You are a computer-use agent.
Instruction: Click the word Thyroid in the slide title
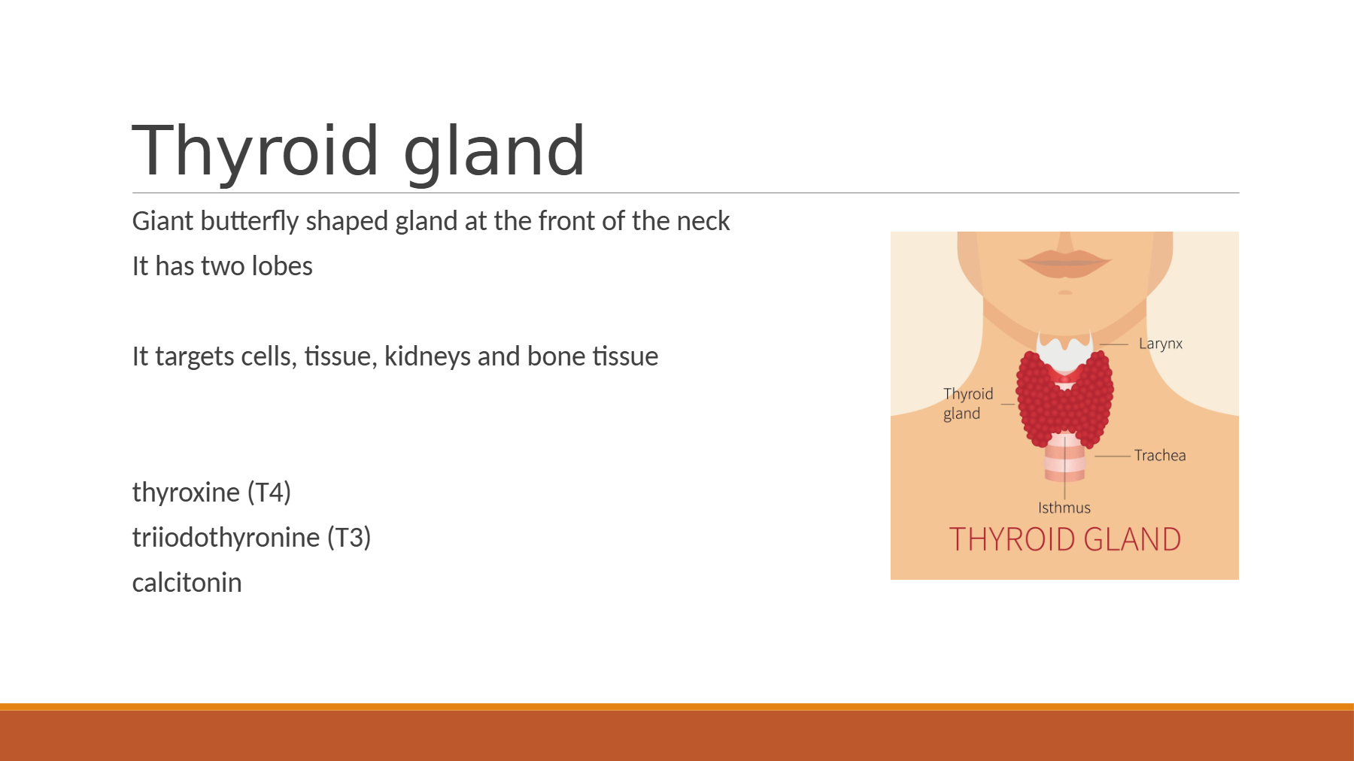(256, 152)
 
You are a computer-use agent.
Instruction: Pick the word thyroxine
(186, 493)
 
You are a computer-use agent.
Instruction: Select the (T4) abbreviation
(269, 493)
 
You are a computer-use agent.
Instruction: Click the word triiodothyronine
(226, 538)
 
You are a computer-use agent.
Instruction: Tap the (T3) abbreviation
(349, 538)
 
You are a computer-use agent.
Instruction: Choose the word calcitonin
(187, 583)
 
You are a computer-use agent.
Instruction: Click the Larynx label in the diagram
(1161, 344)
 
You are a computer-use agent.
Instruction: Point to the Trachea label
(1160, 455)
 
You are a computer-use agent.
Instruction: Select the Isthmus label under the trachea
(1064, 508)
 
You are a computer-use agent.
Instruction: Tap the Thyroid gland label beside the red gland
(968, 404)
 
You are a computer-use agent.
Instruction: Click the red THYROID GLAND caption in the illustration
(1064, 539)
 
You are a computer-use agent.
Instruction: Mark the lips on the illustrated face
(1065, 262)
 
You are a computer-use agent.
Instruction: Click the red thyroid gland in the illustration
(1064, 399)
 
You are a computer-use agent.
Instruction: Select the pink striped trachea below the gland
(1064, 458)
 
